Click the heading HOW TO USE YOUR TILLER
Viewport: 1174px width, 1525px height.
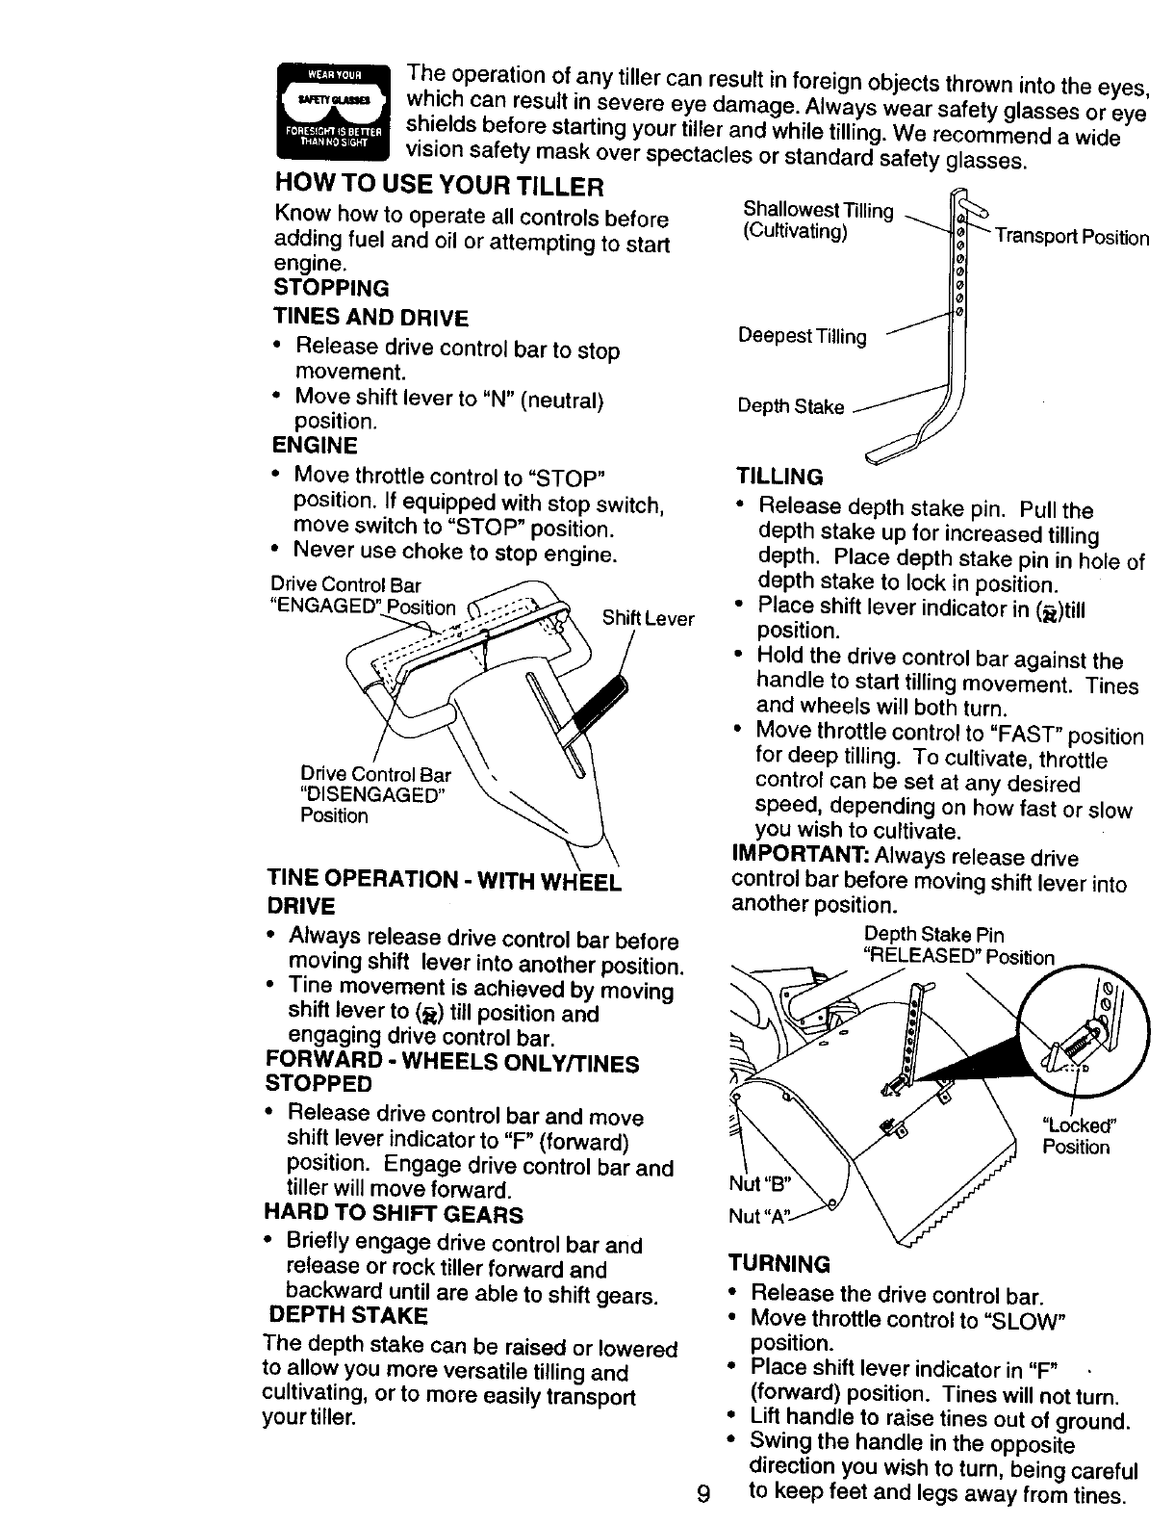(x=439, y=185)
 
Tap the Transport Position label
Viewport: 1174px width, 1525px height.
(x=1071, y=238)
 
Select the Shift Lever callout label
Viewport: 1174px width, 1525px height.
(x=648, y=618)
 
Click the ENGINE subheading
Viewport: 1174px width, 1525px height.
(x=315, y=445)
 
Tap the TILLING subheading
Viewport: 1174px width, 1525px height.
(x=779, y=477)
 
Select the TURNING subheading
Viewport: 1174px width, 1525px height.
(x=779, y=1263)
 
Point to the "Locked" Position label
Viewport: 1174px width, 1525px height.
(x=1078, y=1137)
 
